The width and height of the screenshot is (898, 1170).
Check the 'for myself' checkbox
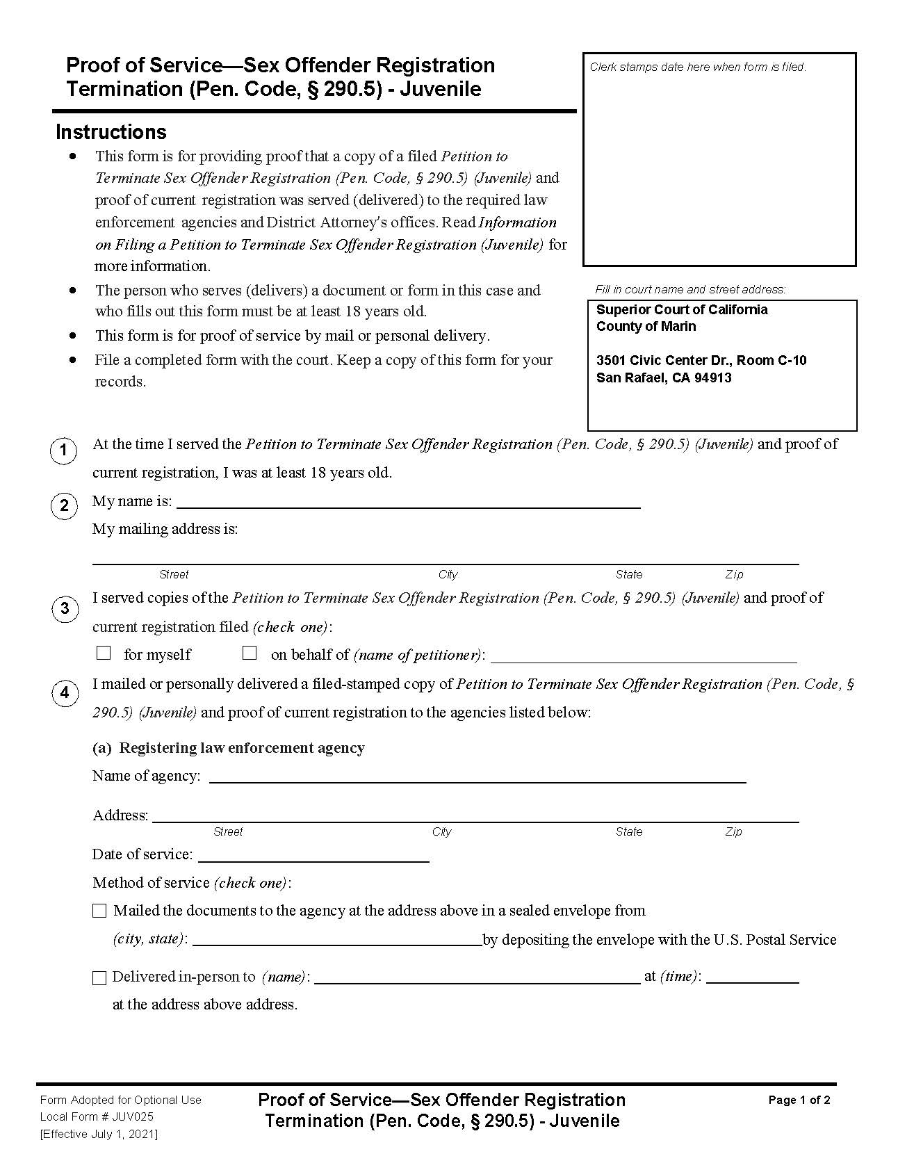(x=104, y=653)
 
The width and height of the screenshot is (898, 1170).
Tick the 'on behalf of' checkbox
(x=250, y=653)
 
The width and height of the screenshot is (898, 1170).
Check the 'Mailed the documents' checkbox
(x=100, y=911)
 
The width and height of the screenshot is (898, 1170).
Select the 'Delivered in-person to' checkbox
(x=99, y=977)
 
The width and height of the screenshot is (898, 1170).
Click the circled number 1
(x=64, y=450)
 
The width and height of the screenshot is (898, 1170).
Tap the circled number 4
(x=65, y=692)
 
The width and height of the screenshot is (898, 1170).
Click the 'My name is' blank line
(x=408, y=503)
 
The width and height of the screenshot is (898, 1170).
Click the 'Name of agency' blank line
(x=477, y=777)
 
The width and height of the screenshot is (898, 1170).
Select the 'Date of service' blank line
(x=313, y=856)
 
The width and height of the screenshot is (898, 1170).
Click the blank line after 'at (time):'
(x=752, y=977)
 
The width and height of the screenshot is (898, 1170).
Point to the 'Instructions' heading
(x=111, y=132)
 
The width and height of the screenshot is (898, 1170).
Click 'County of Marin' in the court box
(x=646, y=326)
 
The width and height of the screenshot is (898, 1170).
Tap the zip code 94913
(x=714, y=377)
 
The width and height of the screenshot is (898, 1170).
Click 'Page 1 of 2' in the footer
(x=799, y=1100)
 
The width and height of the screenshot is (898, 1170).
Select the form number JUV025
(x=133, y=1116)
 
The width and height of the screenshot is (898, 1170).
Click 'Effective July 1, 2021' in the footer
(x=99, y=1134)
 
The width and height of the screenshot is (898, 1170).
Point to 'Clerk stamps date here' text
(x=697, y=67)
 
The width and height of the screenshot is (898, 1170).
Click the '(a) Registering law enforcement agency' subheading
(x=229, y=747)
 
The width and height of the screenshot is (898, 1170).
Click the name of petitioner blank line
(x=644, y=656)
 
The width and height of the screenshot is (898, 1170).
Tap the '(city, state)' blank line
(x=336, y=940)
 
